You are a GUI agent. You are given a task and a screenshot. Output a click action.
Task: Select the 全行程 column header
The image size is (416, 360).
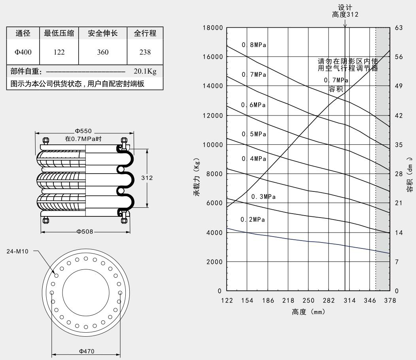pyautogui.click(x=145, y=33)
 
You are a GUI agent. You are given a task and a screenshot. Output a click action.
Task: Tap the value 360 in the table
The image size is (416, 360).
pyautogui.click(x=102, y=51)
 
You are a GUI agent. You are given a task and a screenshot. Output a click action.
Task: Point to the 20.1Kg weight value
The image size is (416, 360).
pyautogui.click(x=145, y=72)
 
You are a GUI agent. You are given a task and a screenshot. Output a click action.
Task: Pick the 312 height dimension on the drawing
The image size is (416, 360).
pyautogui.click(x=147, y=178)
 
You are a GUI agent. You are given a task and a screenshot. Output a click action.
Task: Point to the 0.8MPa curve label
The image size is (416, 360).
pyautogui.click(x=254, y=45)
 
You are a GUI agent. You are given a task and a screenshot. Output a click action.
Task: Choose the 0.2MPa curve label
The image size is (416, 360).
pyautogui.click(x=253, y=220)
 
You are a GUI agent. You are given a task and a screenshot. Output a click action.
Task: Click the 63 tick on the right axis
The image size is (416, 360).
pyautogui.click(x=398, y=28)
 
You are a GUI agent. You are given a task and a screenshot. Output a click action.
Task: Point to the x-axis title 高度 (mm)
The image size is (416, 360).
pyautogui.click(x=308, y=312)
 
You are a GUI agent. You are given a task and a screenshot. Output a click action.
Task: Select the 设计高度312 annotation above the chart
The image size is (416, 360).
pyautogui.click(x=345, y=11)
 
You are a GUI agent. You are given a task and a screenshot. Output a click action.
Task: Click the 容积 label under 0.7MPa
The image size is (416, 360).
pyautogui.click(x=336, y=89)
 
